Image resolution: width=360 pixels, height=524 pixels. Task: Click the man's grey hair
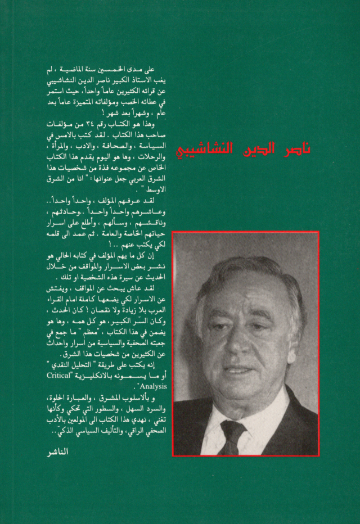247,275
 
